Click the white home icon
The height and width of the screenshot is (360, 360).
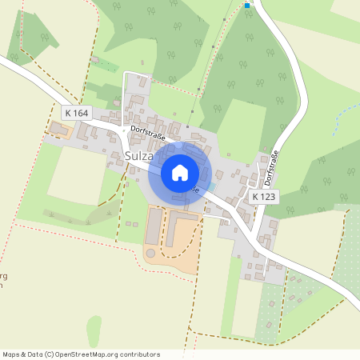(180, 172)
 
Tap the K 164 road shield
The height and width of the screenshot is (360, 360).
(77, 114)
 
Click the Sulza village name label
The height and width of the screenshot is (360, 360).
(143, 155)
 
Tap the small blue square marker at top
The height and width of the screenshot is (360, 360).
(247, 6)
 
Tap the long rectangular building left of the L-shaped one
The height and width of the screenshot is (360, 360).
(152, 225)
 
